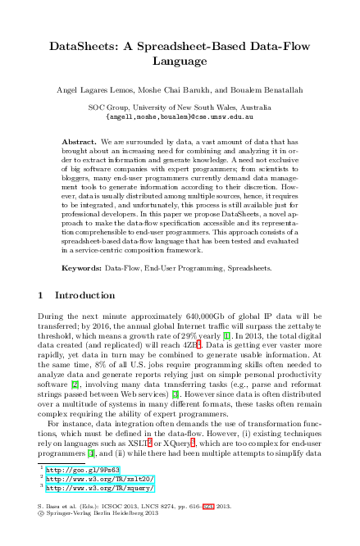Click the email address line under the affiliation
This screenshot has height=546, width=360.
click(x=180, y=116)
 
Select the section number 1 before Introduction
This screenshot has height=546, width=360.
click(x=42, y=294)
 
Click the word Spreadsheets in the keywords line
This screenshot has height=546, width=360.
click(x=226, y=267)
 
